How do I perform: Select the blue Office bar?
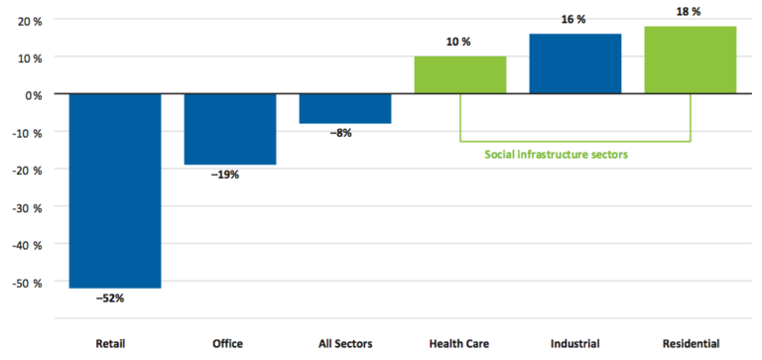pyautogui.click(x=230, y=129)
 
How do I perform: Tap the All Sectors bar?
pyautogui.click(x=345, y=108)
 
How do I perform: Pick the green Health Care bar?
pyautogui.click(x=460, y=75)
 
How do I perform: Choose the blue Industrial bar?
pyautogui.click(x=575, y=63)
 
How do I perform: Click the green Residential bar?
pyautogui.click(x=691, y=60)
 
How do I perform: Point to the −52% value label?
pyautogui.click(x=115, y=298)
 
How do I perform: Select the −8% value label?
pyautogui.click(x=345, y=133)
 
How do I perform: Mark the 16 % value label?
pyautogui.click(x=575, y=22)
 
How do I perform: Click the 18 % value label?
pyautogui.click(x=691, y=13)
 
